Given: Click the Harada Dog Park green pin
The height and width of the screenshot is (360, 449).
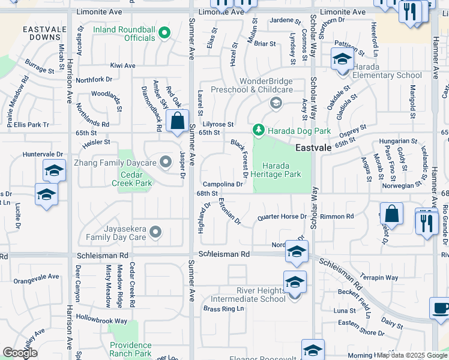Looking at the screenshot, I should click(259, 130).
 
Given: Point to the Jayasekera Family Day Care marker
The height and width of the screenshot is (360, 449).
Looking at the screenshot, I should click(157, 232).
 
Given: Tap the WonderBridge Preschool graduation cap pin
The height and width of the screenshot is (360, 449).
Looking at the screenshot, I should click(276, 102).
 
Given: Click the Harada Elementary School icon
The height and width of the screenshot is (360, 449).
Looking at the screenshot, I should click(342, 59).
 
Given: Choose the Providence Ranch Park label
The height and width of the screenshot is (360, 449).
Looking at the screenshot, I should click(131, 349).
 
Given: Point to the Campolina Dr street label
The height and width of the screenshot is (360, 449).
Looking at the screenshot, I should click(222, 184).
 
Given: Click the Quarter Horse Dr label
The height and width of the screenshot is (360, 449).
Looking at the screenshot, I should click(282, 217).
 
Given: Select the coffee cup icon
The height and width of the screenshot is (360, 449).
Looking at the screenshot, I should click(440, 308).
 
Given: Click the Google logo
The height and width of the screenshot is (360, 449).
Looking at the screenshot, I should click(20, 353).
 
